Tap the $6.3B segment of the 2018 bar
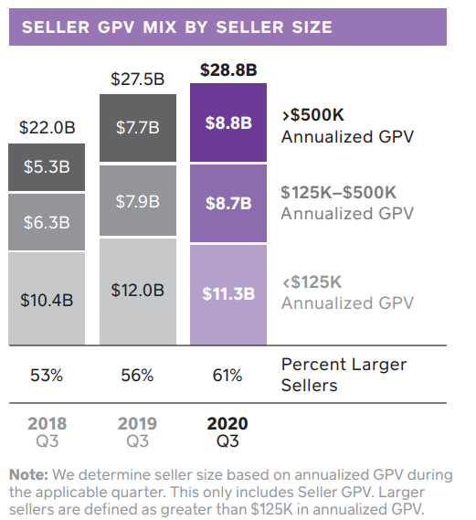click(47, 222)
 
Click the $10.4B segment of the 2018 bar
click(47, 298)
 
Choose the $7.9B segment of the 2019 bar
click(138, 200)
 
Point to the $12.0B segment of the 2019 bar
click(138, 290)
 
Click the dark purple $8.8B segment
click(227, 122)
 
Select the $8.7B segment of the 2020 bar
click(227, 203)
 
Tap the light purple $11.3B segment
click(227, 293)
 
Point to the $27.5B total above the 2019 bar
click(138, 79)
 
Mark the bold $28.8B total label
click(227, 69)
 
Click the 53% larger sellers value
click(47, 375)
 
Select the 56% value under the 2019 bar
click(138, 375)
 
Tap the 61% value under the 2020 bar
click(227, 375)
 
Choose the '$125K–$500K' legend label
click(338, 193)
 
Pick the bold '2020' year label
click(227, 424)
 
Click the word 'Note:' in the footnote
click(29, 474)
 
